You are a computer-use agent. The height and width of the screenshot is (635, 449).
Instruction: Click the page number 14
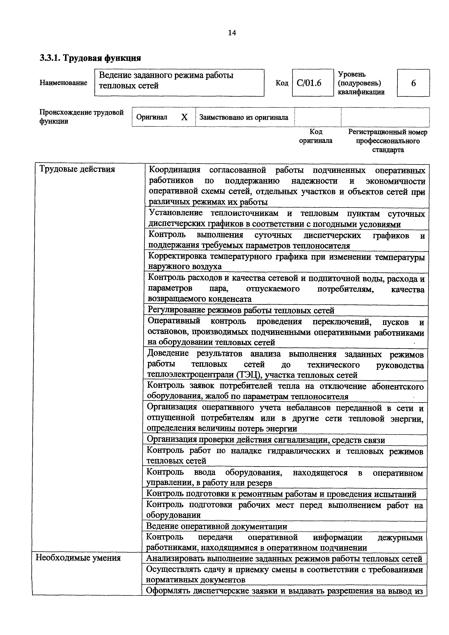[x=232, y=33]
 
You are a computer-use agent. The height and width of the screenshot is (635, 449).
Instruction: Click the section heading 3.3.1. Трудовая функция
[x=90, y=58]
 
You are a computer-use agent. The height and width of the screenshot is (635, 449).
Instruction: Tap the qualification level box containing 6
[x=413, y=83]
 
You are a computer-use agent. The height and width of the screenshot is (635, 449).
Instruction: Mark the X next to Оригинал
[x=184, y=117]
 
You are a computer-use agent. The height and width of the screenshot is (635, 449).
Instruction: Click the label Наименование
[x=63, y=83]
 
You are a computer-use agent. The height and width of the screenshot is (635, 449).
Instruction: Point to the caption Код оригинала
[x=316, y=136]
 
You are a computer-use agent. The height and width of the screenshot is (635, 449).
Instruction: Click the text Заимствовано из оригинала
[x=244, y=117]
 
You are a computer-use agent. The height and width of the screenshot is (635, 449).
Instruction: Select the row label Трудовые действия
[x=77, y=169]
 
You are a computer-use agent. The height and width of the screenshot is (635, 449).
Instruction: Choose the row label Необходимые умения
[x=78, y=558]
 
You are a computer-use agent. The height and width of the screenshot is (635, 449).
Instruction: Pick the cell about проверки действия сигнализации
[x=266, y=440]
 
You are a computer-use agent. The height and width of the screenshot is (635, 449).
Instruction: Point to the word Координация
[x=175, y=170]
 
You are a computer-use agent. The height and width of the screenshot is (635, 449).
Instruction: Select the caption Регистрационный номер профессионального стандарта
[x=388, y=141]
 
